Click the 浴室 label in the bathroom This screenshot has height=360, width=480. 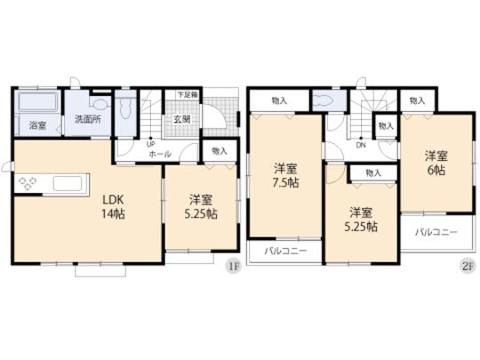[x=38, y=125]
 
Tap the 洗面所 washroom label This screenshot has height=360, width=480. [x=86, y=118]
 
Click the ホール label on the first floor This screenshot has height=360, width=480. [x=161, y=153]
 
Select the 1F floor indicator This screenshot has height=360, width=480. [x=232, y=265]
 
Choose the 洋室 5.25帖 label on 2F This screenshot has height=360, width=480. [x=362, y=220]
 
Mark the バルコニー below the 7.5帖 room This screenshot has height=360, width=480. [x=284, y=252]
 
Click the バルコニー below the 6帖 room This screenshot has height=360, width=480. [x=435, y=232]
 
